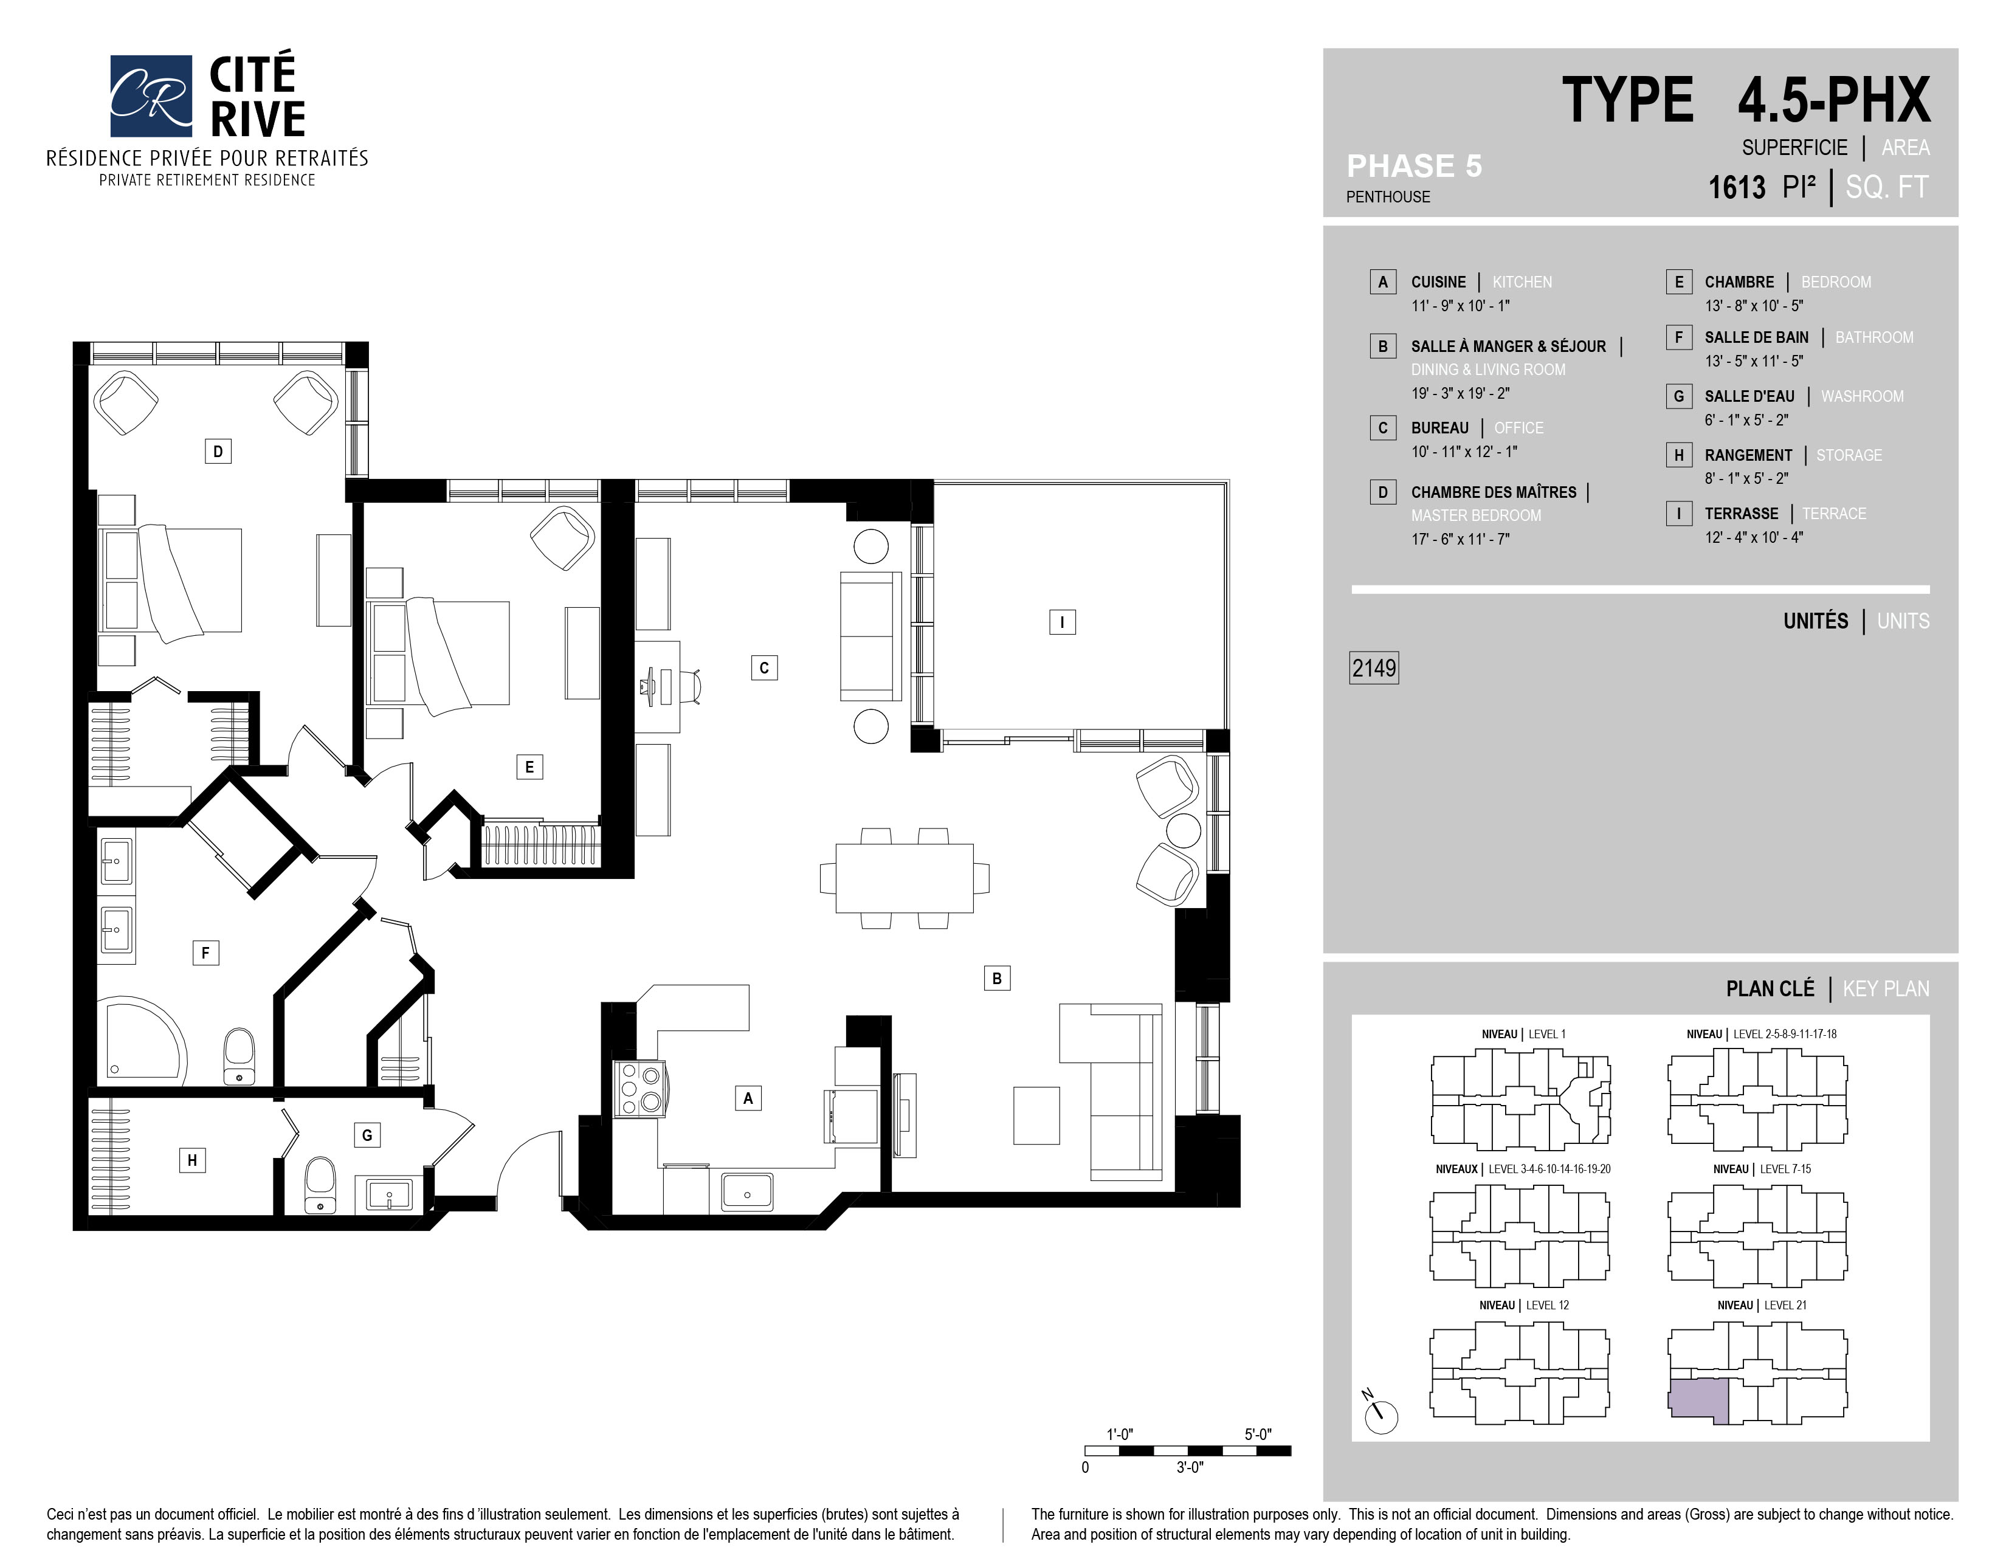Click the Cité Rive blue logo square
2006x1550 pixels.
[151, 95]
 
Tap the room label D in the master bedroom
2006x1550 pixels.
[218, 451]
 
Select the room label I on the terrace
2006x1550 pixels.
[1062, 622]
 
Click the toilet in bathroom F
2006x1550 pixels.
[239, 1056]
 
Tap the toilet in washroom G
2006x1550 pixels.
[320, 1185]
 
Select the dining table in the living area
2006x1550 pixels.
[904, 878]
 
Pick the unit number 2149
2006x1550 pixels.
[1373, 667]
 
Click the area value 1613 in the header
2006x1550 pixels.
[1736, 187]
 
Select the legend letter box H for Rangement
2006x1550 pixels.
[1678, 455]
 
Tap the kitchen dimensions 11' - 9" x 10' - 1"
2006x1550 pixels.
[1460, 306]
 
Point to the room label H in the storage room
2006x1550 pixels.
[192, 1160]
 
